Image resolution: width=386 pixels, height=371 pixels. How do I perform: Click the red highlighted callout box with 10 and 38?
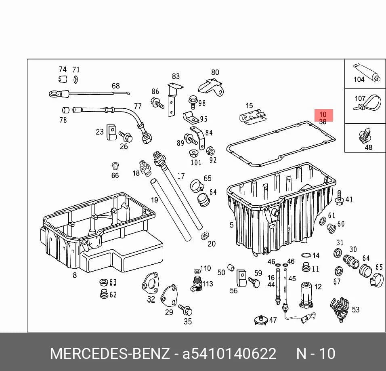pyautogui.click(x=323, y=115)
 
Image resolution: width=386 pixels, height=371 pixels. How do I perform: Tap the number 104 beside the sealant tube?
pyautogui.click(x=359, y=79)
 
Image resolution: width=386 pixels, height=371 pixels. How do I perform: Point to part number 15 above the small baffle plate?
pyautogui.click(x=250, y=106)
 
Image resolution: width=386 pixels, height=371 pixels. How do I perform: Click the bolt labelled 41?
pyautogui.click(x=340, y=197)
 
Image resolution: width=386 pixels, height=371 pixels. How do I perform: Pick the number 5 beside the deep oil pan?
pyautogui.click(x=231, y=225)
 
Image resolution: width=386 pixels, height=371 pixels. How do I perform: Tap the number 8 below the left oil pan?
pyautogui.click(x=75, y=275)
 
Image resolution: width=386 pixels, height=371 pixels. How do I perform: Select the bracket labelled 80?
pyautogui.click(x=211, y=87)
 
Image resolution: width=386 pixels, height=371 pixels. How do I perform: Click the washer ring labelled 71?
pyautogui.click(x=76, y=80)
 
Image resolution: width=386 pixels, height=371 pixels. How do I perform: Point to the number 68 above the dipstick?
pyautogui.click(x=116, y=86)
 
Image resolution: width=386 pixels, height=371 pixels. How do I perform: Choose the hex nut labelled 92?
pyautogui.click(x=210, y=151)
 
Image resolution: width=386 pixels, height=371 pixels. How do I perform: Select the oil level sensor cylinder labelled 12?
pyautogui.click(x=306, y=295)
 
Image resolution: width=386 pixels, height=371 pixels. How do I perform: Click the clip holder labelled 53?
pyautogui.click(x=340, y=310)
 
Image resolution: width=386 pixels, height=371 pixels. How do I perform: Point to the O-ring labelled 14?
pyautogui.click(x=306, y=255)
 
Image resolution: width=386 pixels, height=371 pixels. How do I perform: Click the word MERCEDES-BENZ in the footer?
pyautogui.click(x=110, y=354)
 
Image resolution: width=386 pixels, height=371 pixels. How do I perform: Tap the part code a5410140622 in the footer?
pyautogui.click(x=229, y=354)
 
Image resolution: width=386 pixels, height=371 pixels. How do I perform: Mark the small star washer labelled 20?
pyautogui.click(x=205, y=236)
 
